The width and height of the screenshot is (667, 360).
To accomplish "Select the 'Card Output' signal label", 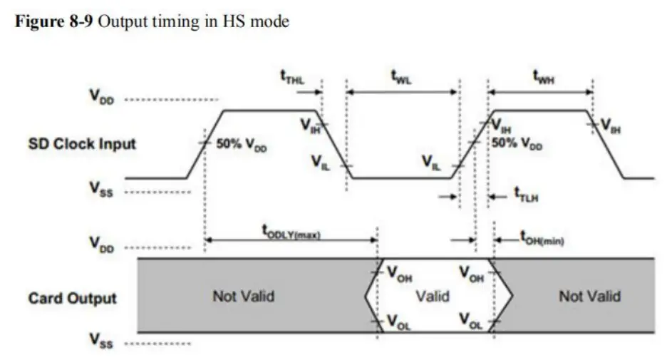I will tap(72, 297).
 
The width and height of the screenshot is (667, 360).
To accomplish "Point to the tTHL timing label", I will tap(291, 79).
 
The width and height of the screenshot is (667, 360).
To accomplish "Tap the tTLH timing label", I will tap(527, 196).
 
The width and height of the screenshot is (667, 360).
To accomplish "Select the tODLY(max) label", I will tap(291, 230).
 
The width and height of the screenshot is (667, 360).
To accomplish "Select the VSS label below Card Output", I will tap(102, 344).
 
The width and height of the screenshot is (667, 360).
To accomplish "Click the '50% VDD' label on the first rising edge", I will tap(239, 151).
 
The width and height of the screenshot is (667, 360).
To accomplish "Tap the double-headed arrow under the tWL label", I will tap(401, 91).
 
